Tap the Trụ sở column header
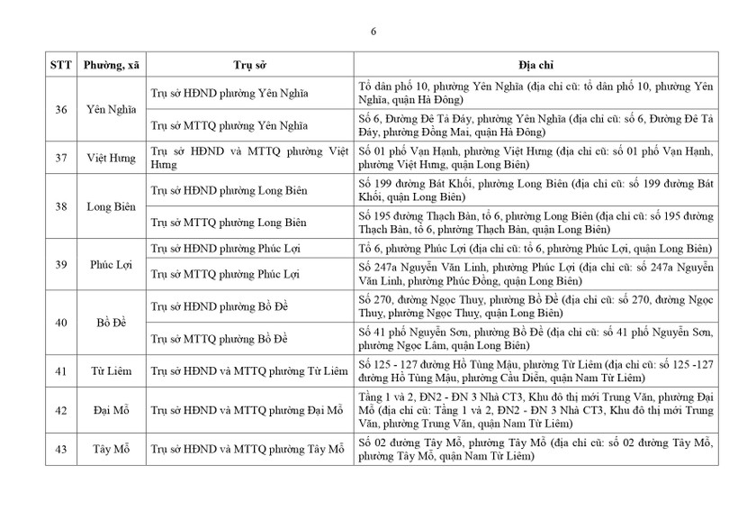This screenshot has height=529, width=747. click(x=244, y=66)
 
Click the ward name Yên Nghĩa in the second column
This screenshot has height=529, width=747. click(x=111, y=109)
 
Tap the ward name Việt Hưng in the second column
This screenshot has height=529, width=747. click(x=111, y=158)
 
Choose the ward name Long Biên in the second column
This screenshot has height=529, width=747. click(x=111, y=206)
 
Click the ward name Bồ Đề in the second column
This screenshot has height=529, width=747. click(x=111, y=322)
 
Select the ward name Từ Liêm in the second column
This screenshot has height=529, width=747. click(x=111, y=371)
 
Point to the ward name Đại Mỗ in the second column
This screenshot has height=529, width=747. click(x=111, y=411)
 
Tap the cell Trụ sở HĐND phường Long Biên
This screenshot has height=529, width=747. click(x=229, y=191)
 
